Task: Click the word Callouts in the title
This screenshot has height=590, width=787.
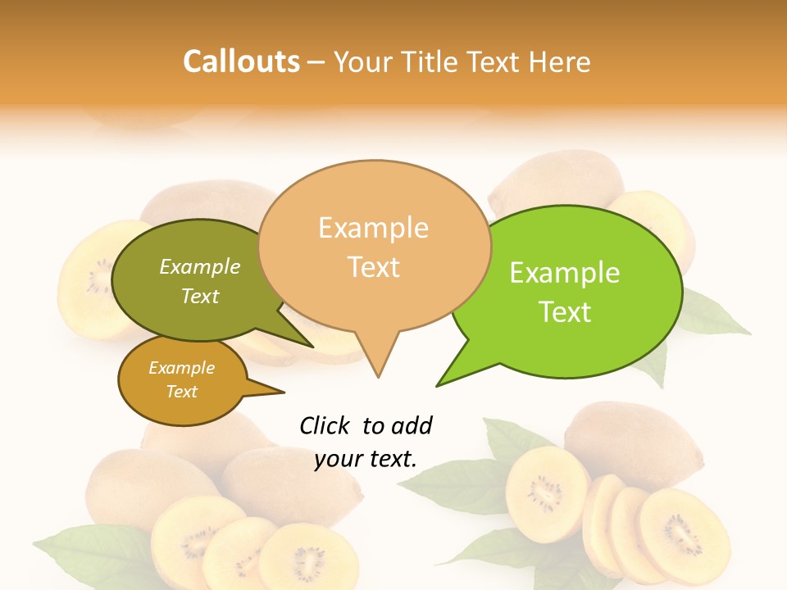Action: click(x=241, y=61)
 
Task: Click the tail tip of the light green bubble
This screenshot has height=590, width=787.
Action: click(x=438, y=384)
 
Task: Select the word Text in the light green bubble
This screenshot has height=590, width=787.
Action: click(x=566, y=312)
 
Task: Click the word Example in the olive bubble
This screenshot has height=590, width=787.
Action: click(x=200, y=266)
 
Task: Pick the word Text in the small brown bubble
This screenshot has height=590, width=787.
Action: click(x=182, y=392)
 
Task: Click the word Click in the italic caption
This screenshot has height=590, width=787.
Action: click(x=325, y=425)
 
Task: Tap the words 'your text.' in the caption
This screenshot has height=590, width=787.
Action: click(x=366, y=460)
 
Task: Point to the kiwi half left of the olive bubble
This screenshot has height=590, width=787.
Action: click(x=90, y=279)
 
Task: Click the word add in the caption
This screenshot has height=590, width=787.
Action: click(x=412, y=425)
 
